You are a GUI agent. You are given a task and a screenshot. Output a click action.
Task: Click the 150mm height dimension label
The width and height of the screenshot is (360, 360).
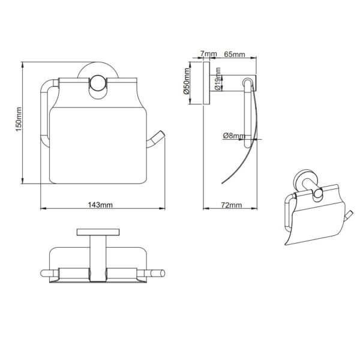click(19, 119)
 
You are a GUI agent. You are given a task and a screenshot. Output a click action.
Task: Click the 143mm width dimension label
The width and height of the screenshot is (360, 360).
click(100, 205)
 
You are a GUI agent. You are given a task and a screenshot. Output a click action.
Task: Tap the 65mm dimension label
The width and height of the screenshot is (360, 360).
click(235, 55)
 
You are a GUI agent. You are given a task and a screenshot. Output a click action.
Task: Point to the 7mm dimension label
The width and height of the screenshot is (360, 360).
click(208, 54)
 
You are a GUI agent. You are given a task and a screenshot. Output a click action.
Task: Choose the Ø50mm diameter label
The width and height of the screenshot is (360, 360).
click(186, 81)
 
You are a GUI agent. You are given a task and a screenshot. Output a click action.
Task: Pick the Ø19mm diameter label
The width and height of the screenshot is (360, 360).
click(218, 79)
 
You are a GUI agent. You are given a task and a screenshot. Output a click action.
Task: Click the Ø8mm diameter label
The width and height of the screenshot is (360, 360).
click(234, 136)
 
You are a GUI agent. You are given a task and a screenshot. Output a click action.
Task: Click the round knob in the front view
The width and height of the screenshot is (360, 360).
click(98, 83)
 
